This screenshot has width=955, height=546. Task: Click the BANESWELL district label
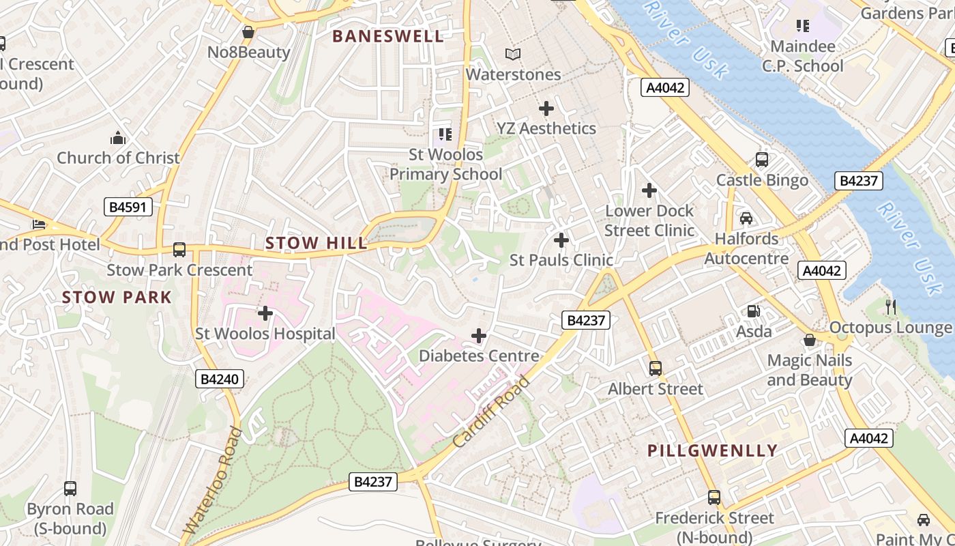pos(388,37)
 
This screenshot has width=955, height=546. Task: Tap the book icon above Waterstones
pos(513,54)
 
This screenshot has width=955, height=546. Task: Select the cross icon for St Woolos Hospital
pos(265,313)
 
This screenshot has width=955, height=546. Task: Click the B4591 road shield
pos(128,207)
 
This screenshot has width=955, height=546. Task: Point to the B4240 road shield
pos(220,379)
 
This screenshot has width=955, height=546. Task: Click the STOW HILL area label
pos(316,243)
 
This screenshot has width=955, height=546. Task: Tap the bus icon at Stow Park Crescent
pos(179,250)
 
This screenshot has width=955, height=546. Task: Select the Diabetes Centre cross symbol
pos(479,336)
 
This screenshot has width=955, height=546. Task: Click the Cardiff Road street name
pos(491,412)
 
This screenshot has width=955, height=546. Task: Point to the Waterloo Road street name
pos(213,480)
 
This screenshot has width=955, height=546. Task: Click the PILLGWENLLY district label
pos(712,450)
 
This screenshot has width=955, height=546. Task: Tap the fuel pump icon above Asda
pos(754,311)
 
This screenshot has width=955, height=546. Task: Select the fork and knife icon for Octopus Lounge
pos(890,307)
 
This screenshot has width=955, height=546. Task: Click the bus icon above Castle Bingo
pos(762,160)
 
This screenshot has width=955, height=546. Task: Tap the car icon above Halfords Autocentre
pos(746,218)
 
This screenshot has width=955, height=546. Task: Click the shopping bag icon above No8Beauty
pos(248,32)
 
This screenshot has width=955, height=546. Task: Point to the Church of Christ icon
pos(118,138)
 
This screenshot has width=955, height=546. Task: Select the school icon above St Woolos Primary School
pos(445,134)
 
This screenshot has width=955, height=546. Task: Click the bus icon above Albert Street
pos(655,369)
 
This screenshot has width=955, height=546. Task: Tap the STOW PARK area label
pos(117,298)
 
